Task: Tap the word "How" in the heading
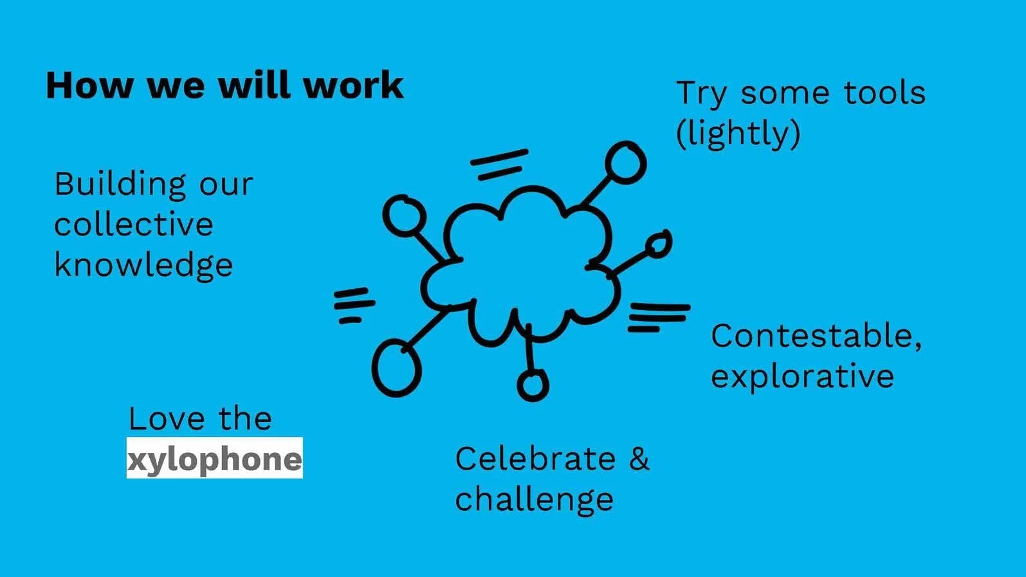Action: [89, 86]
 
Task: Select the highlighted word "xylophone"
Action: [214, 459]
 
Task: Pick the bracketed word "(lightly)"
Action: [738, 134]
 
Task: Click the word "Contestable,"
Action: [816, 336]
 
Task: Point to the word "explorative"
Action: [802, 377]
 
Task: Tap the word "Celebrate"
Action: [535, 459]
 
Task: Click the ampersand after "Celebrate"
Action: [639, 459]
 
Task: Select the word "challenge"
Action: [534, 500]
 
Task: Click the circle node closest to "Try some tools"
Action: [625, 162]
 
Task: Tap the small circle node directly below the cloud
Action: [533, 385]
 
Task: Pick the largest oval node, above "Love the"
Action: [396, 368]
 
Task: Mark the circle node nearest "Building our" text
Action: [404, 215]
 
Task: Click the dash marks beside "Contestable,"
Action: [657, 317]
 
